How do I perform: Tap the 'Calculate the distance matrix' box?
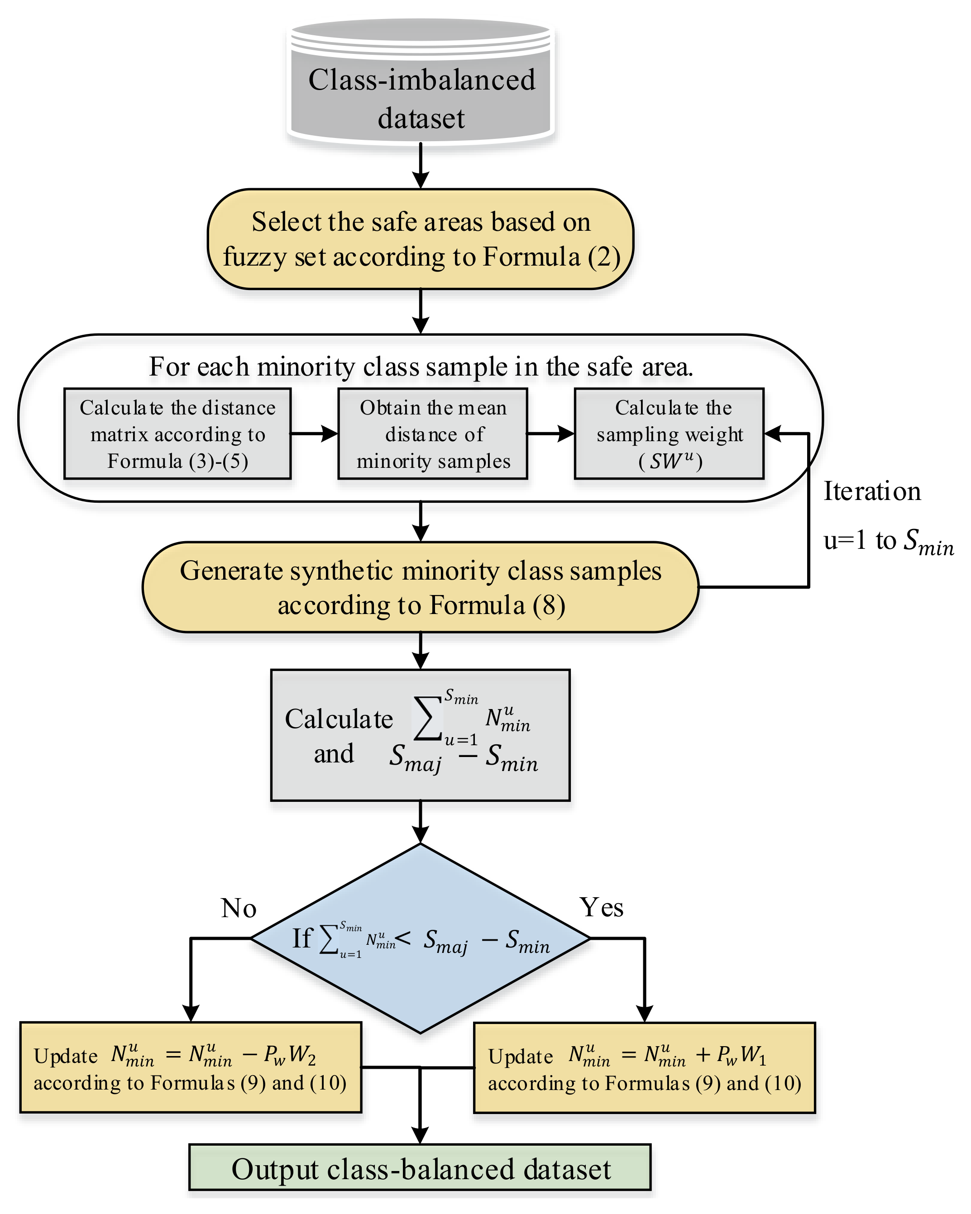point(177,433)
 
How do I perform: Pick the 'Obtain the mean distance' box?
point(433,433)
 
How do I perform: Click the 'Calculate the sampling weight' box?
point(669,433)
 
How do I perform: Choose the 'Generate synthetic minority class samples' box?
point(421,587)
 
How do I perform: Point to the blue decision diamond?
point(420,938)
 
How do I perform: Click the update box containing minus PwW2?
point(191,1067)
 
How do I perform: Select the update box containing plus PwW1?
point(644,1067)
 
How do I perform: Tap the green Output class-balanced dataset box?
point(420,1169)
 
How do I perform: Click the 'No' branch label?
point(239,908)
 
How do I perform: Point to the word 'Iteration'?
point(872,491)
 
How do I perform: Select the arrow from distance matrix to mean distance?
point(314,433)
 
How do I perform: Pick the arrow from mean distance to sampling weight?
point(551,433)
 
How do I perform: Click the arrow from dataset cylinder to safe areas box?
point(421,165)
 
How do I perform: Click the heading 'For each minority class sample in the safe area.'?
point(421,367)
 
